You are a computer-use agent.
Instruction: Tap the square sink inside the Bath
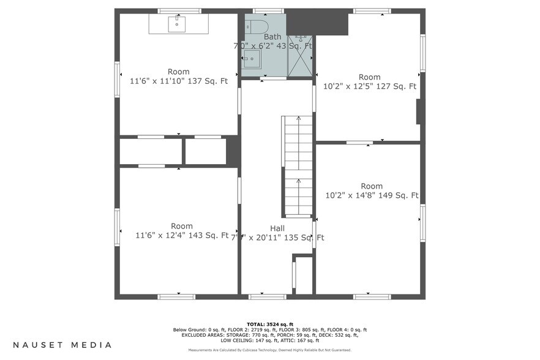coord(251,59)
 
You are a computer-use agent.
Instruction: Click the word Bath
coord(272,37)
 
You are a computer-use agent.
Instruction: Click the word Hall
coord(277,228)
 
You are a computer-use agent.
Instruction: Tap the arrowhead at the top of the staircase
coord(298,118)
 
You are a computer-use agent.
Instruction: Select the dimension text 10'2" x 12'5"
coord(347,86)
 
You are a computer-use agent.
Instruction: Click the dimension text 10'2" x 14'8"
coord(348,196)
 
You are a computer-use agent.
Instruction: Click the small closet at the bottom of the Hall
coord(304,276)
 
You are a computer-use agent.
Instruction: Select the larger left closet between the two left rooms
coord(151,152)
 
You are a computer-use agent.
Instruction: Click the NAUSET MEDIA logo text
coord(62,345)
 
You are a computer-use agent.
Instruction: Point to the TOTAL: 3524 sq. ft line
coord(270,324)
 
